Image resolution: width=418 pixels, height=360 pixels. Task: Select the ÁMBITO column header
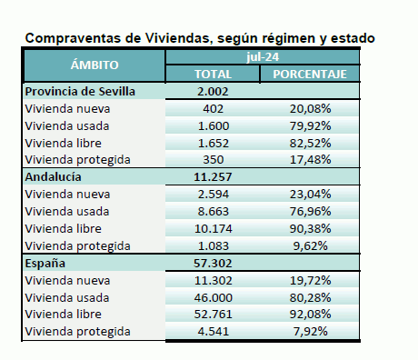94,65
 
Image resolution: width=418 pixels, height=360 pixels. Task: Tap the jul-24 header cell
264,56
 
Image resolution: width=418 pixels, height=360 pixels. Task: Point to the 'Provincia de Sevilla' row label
81,91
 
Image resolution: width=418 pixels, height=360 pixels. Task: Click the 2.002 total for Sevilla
213,91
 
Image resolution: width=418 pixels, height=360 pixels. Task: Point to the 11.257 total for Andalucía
213,177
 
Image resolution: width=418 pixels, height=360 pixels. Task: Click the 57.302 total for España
213,263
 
